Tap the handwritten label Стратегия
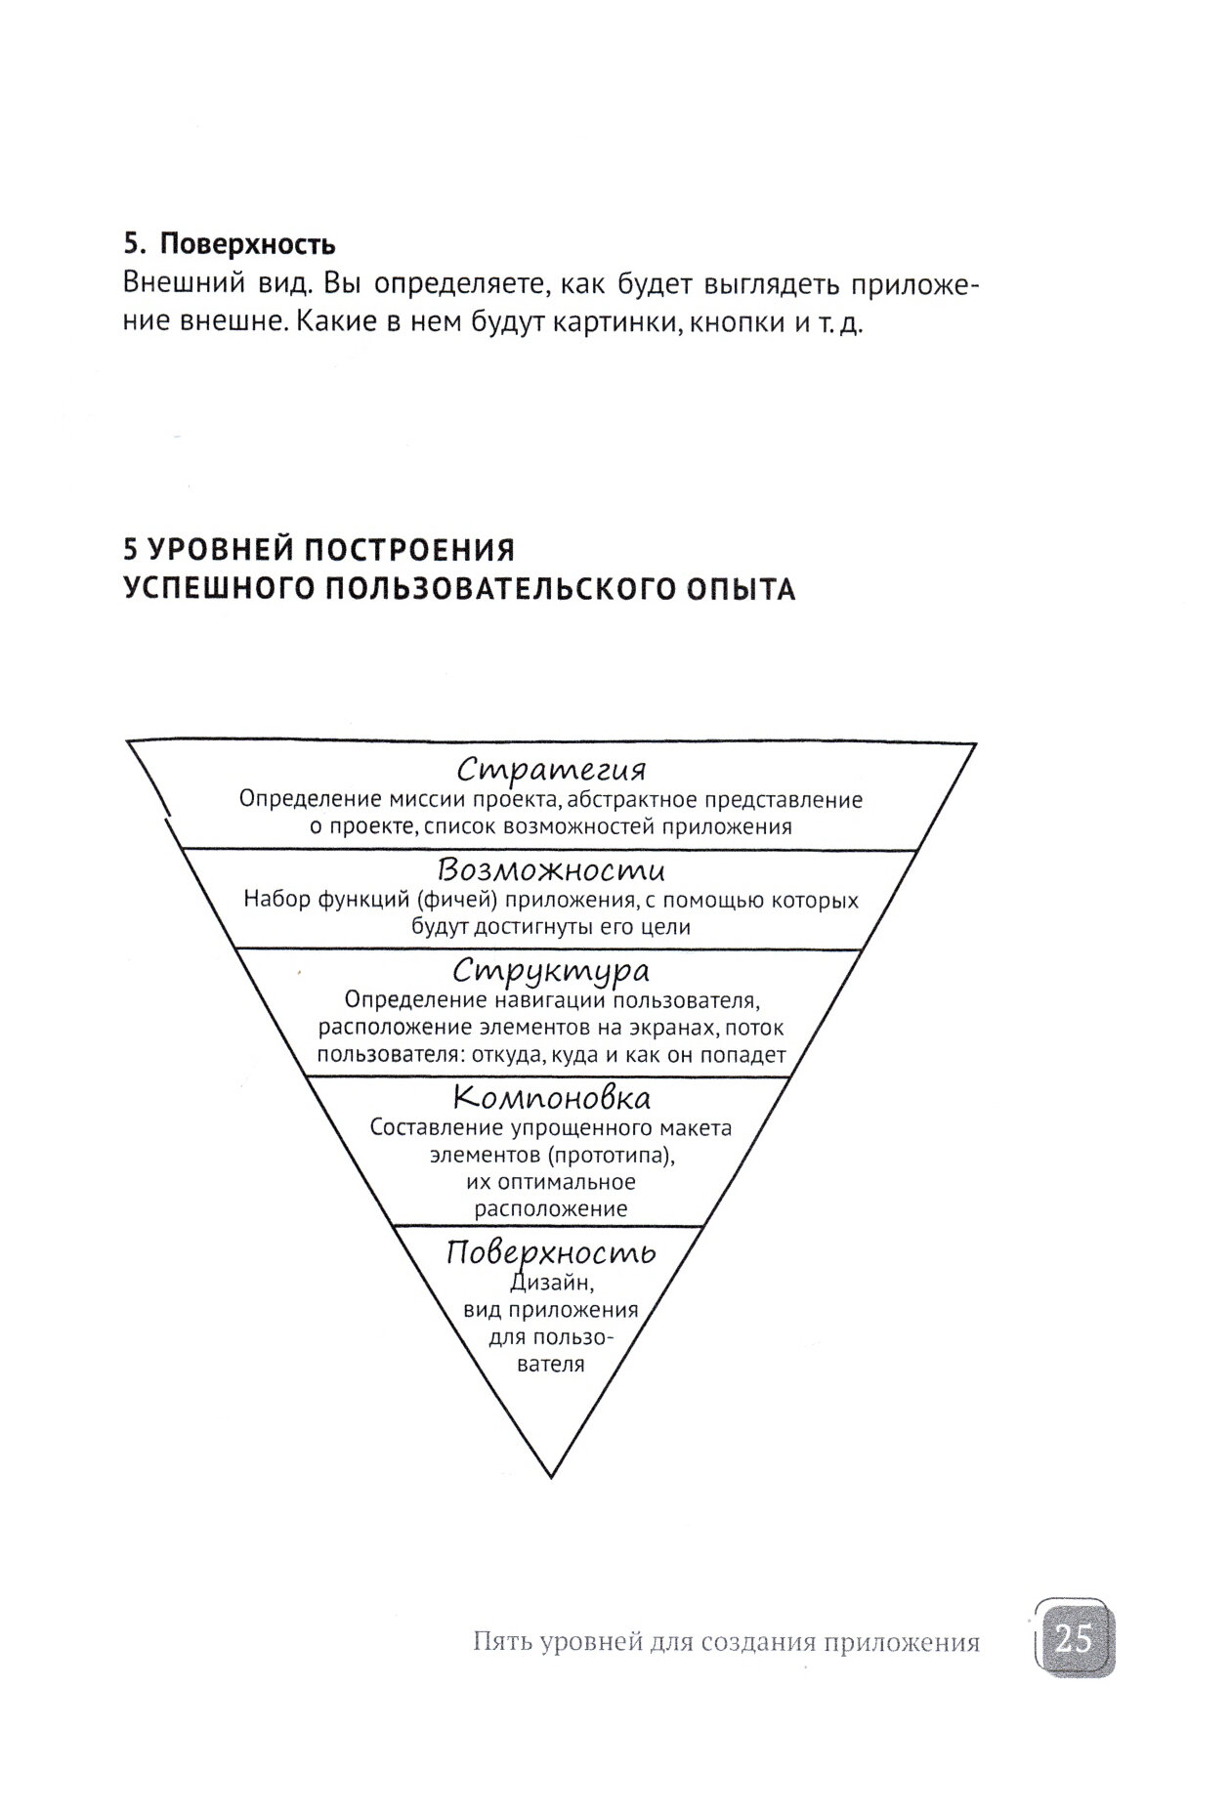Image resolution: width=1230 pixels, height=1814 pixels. click(552, 770)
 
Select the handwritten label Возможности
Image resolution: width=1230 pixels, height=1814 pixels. click(551, 869)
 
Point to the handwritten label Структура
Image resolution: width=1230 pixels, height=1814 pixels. click(551, 971)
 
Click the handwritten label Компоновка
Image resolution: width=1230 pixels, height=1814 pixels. click(552, 1098)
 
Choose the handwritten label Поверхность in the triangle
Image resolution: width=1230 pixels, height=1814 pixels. click(551, 1253)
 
